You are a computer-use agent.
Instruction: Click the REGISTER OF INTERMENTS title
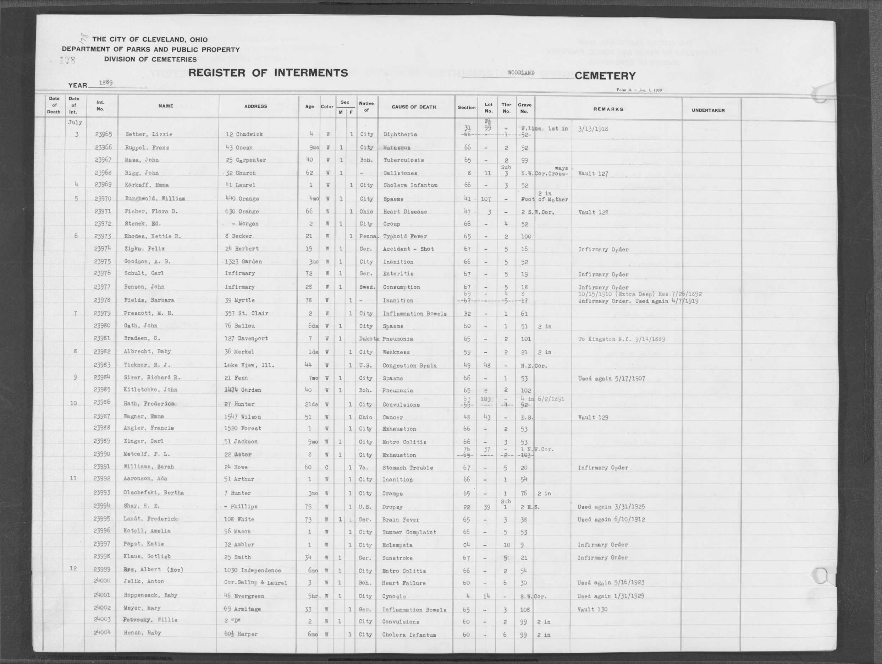(268, 73)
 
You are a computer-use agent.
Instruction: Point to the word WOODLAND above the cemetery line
(521, 73)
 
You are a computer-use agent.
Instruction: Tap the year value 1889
(106, 83)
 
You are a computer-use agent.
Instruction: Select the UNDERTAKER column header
(708, 110)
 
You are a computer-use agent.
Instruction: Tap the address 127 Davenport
(246, 338)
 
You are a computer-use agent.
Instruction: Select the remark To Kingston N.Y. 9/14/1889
(621, 339)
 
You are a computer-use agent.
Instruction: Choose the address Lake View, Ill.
(249, 365)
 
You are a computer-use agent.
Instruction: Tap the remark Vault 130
(592, 609)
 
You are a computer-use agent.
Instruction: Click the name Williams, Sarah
(149, 467)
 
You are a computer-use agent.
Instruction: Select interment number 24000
(102, 581)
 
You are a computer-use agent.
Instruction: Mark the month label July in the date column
(75, 123)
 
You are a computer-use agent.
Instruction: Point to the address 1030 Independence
(252, 571)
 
